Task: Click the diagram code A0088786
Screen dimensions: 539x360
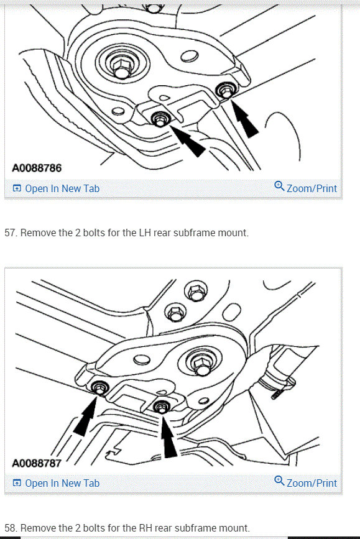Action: (x=37, y=168)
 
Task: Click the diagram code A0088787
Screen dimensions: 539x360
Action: (x=37, y=463)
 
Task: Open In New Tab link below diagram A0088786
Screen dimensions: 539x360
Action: (x=56, y=188)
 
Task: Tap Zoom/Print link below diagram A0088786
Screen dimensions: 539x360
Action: (x=306, y=188)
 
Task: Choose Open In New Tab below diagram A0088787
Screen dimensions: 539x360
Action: (x=56, y=483)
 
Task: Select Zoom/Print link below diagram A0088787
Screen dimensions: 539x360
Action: (x=306, y=482)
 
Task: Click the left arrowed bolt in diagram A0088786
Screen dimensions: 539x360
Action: (x=161, y=117)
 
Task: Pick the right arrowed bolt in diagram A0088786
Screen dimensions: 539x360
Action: (x=226, y=92)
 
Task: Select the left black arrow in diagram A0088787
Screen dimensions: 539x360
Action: (x=85, y=416)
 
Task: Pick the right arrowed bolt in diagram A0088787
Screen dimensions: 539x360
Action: (x=162, y=407)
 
